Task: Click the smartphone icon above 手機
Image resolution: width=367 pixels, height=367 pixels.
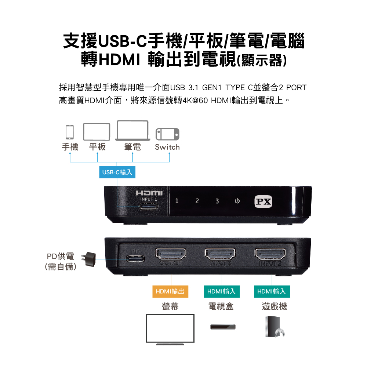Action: [x=70, y=132]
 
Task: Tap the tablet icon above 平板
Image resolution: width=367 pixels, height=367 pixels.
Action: [x=97, y=131]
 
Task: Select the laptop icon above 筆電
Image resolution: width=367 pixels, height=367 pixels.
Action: [x=132, y=131]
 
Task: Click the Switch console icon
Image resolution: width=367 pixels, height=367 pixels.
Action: [x=168, y=134]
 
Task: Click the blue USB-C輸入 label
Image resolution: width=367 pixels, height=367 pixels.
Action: [x=117, y=172]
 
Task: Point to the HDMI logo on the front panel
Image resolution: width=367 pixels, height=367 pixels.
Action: [x=149, y=193]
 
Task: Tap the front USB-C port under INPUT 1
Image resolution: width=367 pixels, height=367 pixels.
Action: [x=149, y=206]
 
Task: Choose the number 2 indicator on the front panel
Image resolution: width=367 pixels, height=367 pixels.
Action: [x=197, y=201]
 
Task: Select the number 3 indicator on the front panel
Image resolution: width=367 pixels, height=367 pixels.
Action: [x=217, y=201]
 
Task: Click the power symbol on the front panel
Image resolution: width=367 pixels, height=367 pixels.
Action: [x=237, y=201]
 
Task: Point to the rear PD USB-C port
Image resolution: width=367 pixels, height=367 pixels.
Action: [x=135, y=258]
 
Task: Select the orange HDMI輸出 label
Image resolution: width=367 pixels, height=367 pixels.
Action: [x=170, y=291]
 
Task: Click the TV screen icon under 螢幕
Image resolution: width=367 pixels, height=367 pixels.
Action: [x=170, y=329]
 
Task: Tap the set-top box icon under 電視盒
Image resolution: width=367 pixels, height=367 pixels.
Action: [x=221, y=326]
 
